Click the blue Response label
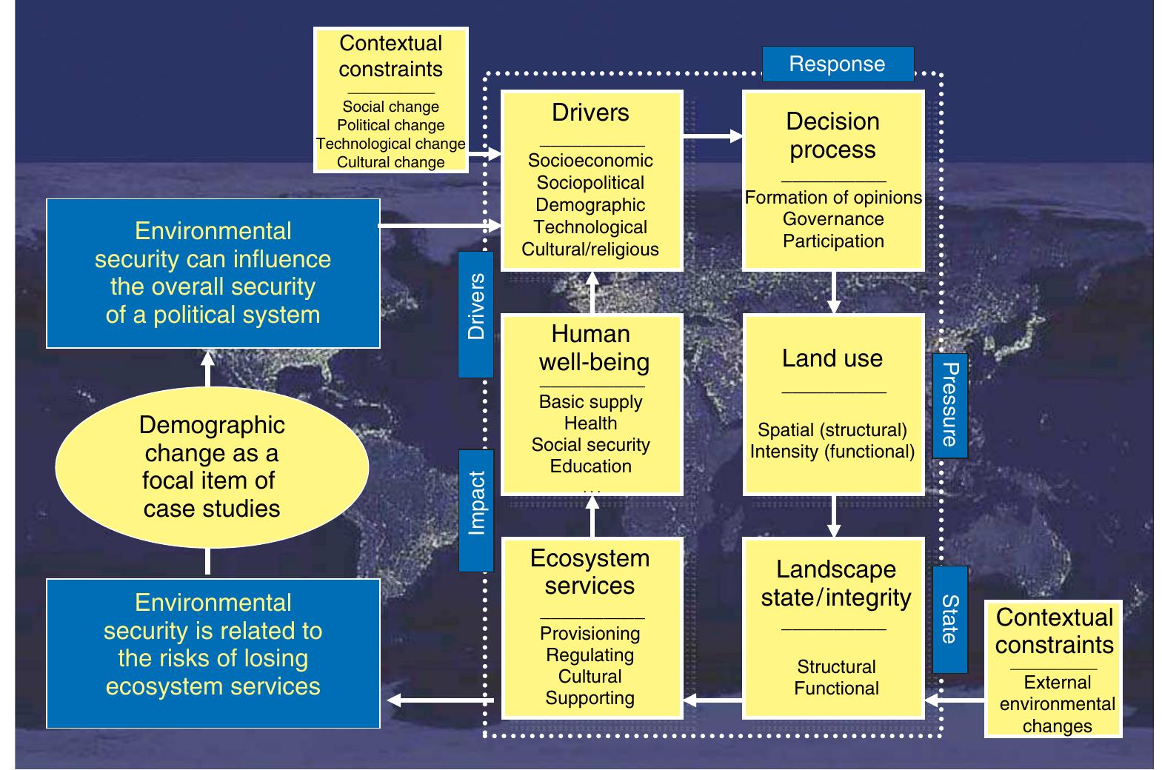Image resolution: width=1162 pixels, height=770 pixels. pos(837,64)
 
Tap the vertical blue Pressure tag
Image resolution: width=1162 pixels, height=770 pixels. pos(949,405)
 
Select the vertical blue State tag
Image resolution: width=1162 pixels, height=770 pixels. pos(949,619)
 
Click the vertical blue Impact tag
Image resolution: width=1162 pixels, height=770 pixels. pos(476,510)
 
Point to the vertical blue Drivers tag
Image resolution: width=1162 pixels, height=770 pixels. pos(476,314)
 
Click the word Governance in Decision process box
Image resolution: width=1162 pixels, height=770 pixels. pos(833,219)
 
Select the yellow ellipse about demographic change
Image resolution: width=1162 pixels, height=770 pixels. pos(212,466)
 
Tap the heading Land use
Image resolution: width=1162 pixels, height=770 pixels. pos(832,358)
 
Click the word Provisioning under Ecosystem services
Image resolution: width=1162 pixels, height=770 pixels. pos(590,634)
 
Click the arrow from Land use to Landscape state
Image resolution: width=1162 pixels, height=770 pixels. pos(834,517)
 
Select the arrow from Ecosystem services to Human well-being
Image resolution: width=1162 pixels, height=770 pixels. pos(592,516)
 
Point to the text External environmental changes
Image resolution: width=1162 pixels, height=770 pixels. pos(1057,704)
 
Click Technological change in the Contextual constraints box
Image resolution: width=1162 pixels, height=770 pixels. pos(391,144)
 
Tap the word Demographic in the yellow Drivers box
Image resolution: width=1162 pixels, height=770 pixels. pos(590,205)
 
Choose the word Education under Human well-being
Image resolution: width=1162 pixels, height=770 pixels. pos(590,466)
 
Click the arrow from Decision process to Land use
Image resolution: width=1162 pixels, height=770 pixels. pos(834,292)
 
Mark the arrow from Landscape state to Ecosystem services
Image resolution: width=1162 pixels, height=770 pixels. pos(712,700)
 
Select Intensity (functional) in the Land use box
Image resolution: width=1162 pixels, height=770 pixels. pos(832,452)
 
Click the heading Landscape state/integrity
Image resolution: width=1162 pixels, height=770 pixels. pos(835,583)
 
